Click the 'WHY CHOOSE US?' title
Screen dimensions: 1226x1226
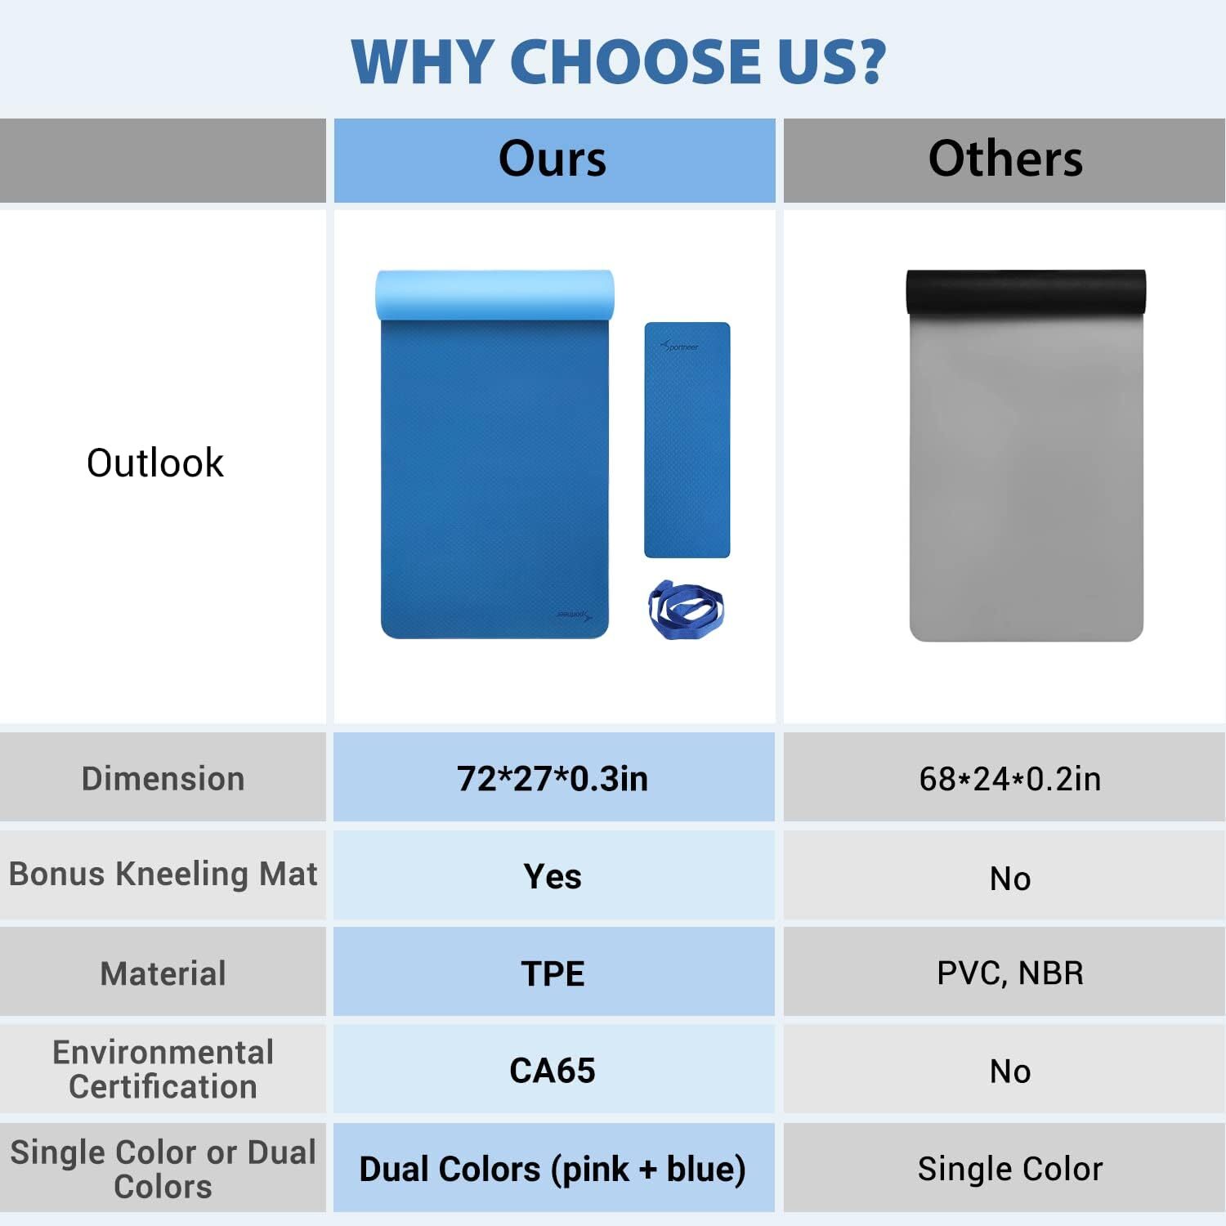click(x=619, y=61)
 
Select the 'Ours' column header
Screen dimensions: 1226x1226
click(x=553, y=159)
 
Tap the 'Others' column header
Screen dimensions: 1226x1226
click(x=1005, y=159)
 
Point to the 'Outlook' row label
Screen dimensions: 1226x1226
click(x=155, y=463)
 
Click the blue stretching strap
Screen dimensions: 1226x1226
click(x=686, y=610)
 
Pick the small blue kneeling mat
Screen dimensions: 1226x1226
click(x=687, y=440)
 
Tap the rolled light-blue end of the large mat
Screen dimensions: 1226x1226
click(x=494, y=295)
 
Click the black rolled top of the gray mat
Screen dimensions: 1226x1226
click(x=1026, y=292)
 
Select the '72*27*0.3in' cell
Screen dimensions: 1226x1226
click(x=553, y=779)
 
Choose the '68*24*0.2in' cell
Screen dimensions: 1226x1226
click(x=1010, y=779)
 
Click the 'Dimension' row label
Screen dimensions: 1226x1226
click(x=163, y=779)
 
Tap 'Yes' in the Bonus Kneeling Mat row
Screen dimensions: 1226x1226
click(x=553, y=877)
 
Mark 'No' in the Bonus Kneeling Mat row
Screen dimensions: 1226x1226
click(x=1010, y=879)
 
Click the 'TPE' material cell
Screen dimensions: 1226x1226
click(x=553, y=973)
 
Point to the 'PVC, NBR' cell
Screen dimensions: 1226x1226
click(x=1010, y=973)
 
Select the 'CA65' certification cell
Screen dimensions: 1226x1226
click(x=553, y=1071)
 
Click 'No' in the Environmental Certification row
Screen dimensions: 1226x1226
click(x=1010, y=1072)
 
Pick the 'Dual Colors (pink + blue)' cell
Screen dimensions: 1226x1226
click(x=553, y=1170)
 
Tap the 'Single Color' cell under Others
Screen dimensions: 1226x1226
click(x=1010, y=1170)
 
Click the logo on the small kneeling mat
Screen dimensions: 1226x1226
click(x=679, y=347)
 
